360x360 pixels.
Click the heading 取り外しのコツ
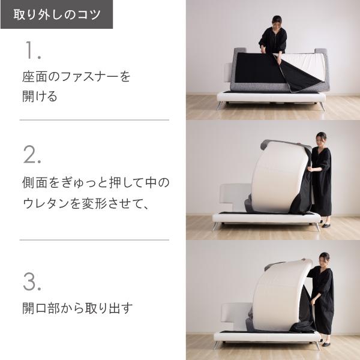point(56,14)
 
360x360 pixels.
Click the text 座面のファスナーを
point(76,77)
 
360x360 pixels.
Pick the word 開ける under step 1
point(40,97)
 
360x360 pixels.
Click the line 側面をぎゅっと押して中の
point(95,182)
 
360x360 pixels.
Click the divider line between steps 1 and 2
point(94,120)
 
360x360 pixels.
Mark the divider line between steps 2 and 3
point(94,240)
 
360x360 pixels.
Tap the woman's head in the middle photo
point(322,137)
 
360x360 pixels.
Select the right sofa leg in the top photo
point(322,106)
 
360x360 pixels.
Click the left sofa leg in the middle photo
point(216,226)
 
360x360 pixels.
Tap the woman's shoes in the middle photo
point(325,226)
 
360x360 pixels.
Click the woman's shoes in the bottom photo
point(325,344)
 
